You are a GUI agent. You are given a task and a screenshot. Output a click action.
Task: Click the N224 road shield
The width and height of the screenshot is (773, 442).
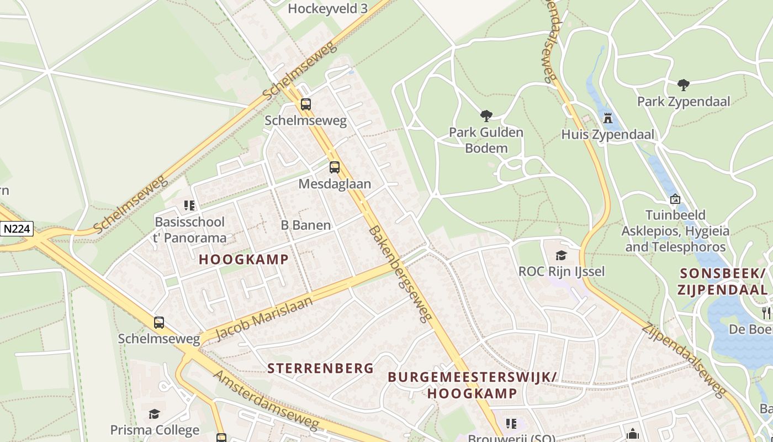17,229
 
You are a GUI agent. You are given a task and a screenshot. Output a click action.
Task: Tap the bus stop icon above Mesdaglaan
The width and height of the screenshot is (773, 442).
335,167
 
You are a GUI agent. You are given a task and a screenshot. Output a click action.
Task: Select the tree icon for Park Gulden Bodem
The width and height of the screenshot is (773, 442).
486,116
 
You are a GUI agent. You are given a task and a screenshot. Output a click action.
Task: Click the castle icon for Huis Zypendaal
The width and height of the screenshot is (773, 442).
608,118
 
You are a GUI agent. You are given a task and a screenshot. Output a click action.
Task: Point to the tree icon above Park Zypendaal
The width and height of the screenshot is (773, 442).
683,85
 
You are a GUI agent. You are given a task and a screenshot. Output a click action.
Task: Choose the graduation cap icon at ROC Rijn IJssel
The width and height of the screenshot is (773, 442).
561,255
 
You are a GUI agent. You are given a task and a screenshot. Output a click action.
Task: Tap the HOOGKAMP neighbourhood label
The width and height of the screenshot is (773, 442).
243,259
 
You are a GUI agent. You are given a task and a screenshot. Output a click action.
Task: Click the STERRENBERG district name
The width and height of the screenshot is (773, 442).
321,368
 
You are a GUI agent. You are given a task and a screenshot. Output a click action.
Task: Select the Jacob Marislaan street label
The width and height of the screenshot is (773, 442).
264,318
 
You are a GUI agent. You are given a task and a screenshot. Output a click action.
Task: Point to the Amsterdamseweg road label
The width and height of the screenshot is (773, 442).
266,400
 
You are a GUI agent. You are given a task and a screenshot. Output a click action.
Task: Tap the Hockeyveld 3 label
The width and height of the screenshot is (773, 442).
327,8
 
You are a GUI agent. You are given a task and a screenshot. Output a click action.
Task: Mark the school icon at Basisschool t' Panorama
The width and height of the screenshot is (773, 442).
189,206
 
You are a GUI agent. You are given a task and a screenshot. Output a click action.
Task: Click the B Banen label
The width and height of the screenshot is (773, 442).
306,225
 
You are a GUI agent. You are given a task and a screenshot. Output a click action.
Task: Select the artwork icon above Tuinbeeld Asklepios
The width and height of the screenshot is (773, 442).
675,199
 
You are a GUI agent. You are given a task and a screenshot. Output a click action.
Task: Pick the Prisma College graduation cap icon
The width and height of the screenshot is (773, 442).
154,414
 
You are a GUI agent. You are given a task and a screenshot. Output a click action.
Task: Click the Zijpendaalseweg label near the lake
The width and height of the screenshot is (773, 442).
684,360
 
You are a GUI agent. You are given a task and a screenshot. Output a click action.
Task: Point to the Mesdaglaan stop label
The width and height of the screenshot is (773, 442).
335,184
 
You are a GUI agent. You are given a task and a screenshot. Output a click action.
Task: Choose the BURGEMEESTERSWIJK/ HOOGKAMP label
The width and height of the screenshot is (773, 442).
472,385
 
